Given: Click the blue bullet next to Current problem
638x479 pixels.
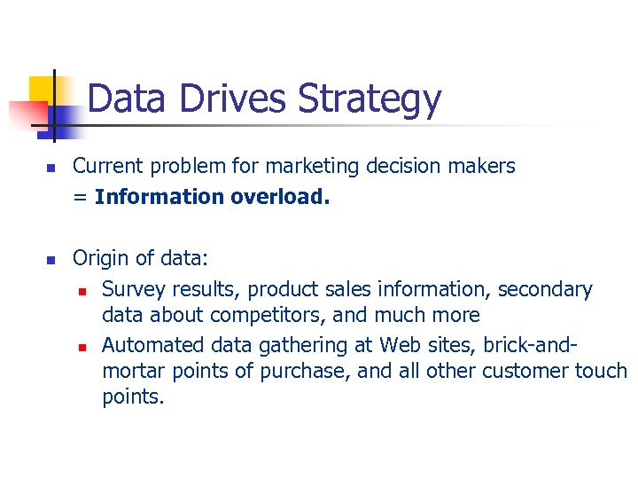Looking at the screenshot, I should tap(51, 168).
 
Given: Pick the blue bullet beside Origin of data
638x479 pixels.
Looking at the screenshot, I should tap(51, 260).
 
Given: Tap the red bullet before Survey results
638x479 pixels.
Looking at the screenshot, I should tap(81, 291).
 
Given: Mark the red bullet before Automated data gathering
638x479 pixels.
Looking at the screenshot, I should tap(81, 346).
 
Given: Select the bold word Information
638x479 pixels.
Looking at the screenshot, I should tap(159, 196).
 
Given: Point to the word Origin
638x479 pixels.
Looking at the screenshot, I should tap(99, 259).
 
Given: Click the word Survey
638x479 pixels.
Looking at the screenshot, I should tap(130, 289).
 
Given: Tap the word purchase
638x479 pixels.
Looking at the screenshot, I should tap(308, 371).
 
